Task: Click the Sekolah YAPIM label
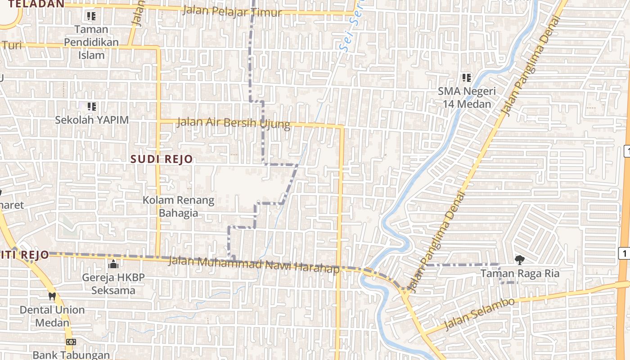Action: point(92,120)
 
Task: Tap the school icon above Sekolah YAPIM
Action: point(92,107)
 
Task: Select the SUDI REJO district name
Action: point(162,159)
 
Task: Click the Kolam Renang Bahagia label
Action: point(179,206)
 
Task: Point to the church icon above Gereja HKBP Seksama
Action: point(113,264)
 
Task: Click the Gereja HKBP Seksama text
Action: point(113,283)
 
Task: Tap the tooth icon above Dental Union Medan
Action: point(52,297)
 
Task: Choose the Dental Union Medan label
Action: point(52,316)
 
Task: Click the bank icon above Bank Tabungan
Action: point(71,342)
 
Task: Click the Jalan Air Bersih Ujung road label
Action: point(233,122)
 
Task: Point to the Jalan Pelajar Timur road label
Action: point(232,11)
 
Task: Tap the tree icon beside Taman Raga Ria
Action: point(520,260)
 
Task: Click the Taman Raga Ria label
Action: point(520,273)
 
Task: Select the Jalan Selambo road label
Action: point(479,314)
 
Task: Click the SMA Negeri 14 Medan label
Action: point(467,97)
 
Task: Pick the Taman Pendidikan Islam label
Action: point(91,42)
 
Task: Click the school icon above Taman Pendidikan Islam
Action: point(91,17)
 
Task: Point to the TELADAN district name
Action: point(36,4)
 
